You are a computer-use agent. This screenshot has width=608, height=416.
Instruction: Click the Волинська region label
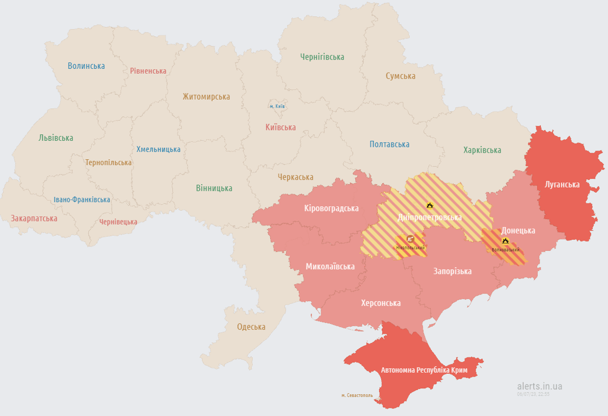point(86,66)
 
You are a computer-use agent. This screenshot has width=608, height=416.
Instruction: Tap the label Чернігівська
point(322,57)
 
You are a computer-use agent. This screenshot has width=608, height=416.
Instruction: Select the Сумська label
point(400,76)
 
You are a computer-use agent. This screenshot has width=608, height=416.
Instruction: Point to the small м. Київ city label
point(277,106)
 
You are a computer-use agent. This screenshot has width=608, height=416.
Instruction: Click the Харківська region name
point(482,150)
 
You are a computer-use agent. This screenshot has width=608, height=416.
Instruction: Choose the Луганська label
point(562,185)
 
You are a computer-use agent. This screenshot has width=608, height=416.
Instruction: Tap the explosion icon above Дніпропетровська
point(429,205)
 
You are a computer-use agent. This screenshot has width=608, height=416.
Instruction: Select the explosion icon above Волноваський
point(505,240)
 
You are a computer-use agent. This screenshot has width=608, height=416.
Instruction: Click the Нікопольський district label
point(410,248)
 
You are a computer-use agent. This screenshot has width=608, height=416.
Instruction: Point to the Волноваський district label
point(506,250)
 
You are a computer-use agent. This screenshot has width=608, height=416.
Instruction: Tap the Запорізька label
point(452,271)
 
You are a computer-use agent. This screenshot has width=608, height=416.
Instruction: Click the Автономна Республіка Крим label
point(423,370)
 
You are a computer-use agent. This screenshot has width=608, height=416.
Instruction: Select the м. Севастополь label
point(357,395)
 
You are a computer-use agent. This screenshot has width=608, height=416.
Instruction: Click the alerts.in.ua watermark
point(539,386)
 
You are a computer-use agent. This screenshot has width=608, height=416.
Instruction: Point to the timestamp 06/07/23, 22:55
point(533,394)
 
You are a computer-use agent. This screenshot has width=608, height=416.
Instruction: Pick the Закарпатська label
point(34,218)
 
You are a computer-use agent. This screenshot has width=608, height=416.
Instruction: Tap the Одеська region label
point(251,327)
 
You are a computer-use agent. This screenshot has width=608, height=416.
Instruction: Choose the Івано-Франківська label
point(82,199)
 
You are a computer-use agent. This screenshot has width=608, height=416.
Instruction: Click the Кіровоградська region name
point(331,208)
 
